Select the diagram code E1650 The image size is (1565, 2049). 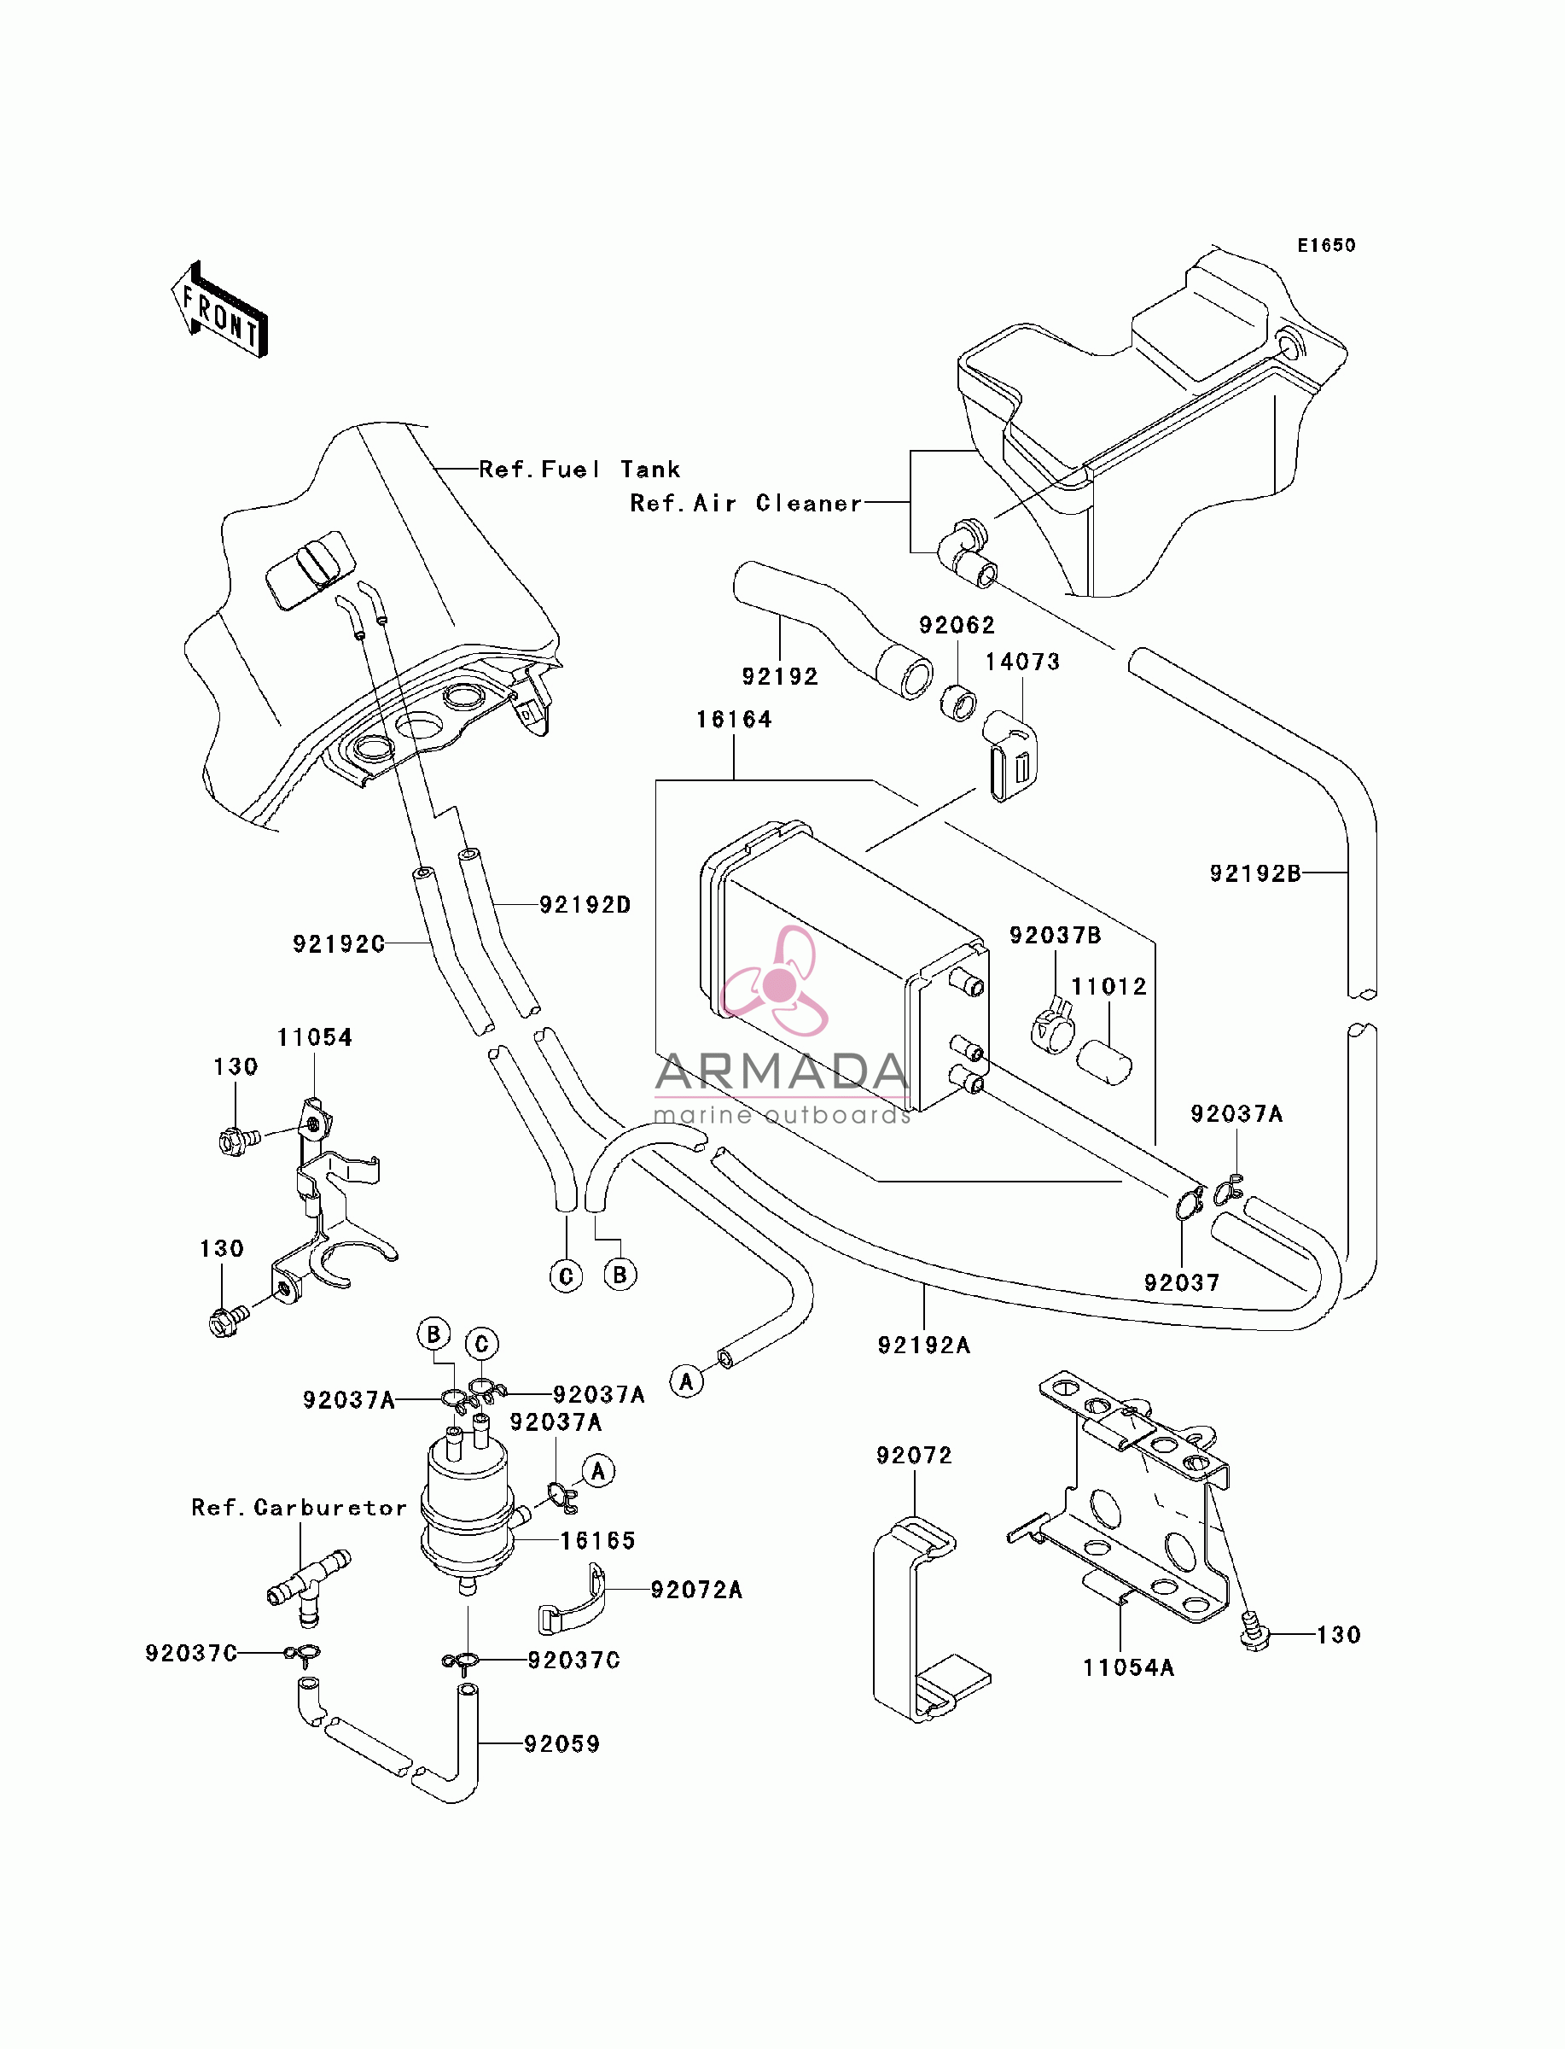pyautogui.click(x=1327, y=245)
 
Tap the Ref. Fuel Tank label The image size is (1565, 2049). pyautogui.click(x=579, y=469)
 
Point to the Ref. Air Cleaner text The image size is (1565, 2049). pyautogui.click(x=745, y=503)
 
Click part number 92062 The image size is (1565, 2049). pyautogui.click(x=957, y=624)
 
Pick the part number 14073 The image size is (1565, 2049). pyautogui.click(x=1023, y=662)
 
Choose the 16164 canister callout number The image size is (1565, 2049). pyautogui.click(x=734, y=720)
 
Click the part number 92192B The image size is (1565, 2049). pyautogui.click(x=1254, y=873)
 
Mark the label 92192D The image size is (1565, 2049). pyautogui.click(x=585, y=904)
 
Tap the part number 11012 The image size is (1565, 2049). pyautogui.click(x=1108, y=986)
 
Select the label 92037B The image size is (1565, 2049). pyautogui.click(x=1056, y=935)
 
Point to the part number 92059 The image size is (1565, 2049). pyautogui.click(x=561, y=1743)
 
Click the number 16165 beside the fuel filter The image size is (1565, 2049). pyautogui.click(x=597, y=1540)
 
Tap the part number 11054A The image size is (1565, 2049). pyautogui.click(x=1128, y=1667)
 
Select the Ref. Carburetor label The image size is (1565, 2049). pyautogui.click(x=299, y=1508)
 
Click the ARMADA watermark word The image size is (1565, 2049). pyautogui.click(x=782, y=1072)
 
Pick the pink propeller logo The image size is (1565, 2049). pyautogui.click(x=775, y=981)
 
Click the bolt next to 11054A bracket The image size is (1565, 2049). pyautogui.click(x=1256, y=1633)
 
